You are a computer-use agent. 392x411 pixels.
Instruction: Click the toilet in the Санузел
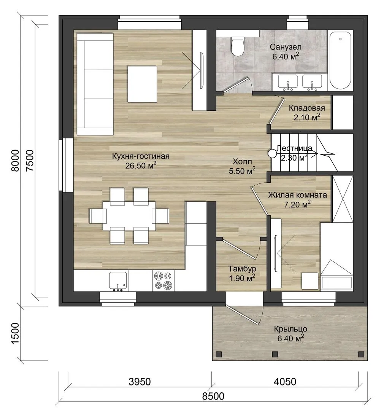tap(238, 47)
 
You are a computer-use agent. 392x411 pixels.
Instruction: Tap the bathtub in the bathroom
tap(340, 61)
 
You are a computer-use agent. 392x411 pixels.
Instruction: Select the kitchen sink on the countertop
tap(118, 281)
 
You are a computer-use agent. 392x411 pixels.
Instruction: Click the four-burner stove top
tap(163, 281)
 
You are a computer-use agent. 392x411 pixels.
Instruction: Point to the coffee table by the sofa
tap(143, 84)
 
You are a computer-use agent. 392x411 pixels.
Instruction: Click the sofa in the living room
tap(95, 84)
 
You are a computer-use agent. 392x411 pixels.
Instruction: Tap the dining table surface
tap(129, 215)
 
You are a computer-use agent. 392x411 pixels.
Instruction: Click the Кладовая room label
tap(307, 108)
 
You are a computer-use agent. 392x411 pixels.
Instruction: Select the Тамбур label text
tap(242, 269)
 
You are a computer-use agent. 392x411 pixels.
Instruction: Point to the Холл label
tap(242, 161)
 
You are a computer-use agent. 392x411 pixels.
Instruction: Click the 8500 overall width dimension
tap(213, 396)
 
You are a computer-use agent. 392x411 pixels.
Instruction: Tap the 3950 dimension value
tap(140, 382)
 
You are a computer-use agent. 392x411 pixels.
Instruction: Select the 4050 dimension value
tap(285, 382)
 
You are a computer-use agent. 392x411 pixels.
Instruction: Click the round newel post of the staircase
tap(272, 153)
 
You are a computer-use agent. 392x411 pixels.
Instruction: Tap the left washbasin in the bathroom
tap(288, 81)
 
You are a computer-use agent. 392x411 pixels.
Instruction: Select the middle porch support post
tap(275, 354)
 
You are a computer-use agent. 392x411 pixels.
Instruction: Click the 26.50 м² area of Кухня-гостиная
tap(141, 166)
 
